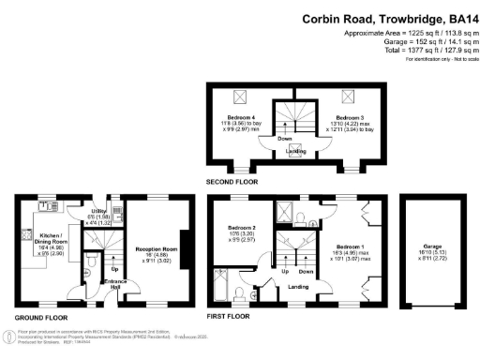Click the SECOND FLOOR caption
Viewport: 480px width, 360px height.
click(x=232, y=179)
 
